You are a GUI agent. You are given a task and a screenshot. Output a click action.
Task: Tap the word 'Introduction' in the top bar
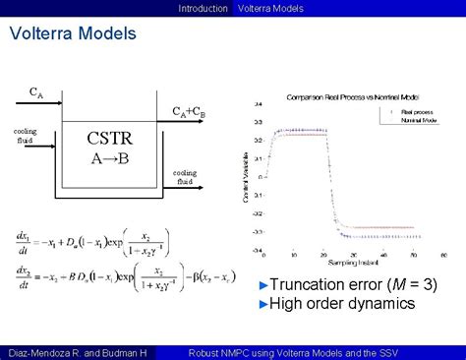[x=203, y=8]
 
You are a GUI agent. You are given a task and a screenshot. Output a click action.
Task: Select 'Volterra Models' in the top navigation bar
[x=270, y=8]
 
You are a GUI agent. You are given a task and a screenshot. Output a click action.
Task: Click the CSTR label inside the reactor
[x=110, y=138]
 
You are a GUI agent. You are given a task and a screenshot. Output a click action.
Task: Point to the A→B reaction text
[x=109, y=158]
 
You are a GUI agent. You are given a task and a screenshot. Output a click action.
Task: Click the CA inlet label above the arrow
[x=34, y=93]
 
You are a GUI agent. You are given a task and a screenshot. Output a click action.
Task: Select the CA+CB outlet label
[x=189, y=111]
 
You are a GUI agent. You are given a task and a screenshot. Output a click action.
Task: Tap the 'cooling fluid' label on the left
[x=26, y=135]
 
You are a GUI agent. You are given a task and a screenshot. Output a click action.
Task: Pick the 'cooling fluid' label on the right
[x=186, y=177]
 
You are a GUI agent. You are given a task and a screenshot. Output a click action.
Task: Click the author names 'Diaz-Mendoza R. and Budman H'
[x=75, y=351]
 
